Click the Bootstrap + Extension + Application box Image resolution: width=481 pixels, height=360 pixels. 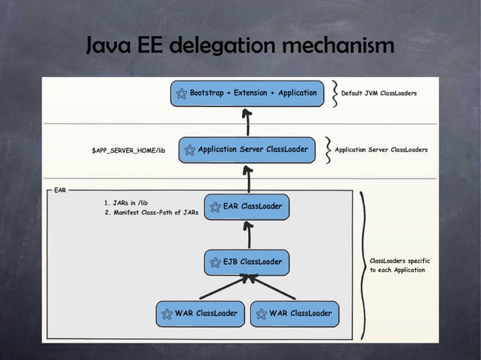coord(247,93)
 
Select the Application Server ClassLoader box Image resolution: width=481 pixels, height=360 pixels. coord(247,150)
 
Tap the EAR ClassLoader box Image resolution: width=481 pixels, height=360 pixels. coord(247,207)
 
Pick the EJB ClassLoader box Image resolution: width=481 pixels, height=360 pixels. coord(247,263)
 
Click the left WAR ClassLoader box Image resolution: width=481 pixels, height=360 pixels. coord(201,314)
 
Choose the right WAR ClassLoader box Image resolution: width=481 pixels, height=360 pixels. coord(295,314)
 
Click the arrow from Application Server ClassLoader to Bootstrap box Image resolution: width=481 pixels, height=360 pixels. coord(247,122)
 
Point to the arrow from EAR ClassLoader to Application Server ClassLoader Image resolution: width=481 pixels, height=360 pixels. coord(248,179)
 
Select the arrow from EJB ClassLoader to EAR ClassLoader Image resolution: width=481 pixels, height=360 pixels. coord(249,235)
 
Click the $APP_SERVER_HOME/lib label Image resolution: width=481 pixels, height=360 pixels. coord(128,151)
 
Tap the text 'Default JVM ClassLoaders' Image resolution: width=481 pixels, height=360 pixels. coord(379,93)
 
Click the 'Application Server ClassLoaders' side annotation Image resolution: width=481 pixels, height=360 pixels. coord(381,150)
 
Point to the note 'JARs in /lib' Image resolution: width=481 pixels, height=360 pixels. coord(126,203)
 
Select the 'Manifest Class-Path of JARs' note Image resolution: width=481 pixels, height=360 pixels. coord(152,212)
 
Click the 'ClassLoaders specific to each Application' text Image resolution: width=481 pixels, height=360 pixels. coord(400,265)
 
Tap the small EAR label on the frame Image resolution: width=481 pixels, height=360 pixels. coord(60,191)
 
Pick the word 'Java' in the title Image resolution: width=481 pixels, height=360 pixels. coord(109,44)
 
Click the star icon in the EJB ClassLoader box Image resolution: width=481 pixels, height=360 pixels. coord(216,263)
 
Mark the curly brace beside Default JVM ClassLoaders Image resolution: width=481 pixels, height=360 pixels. coord(335,93)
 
